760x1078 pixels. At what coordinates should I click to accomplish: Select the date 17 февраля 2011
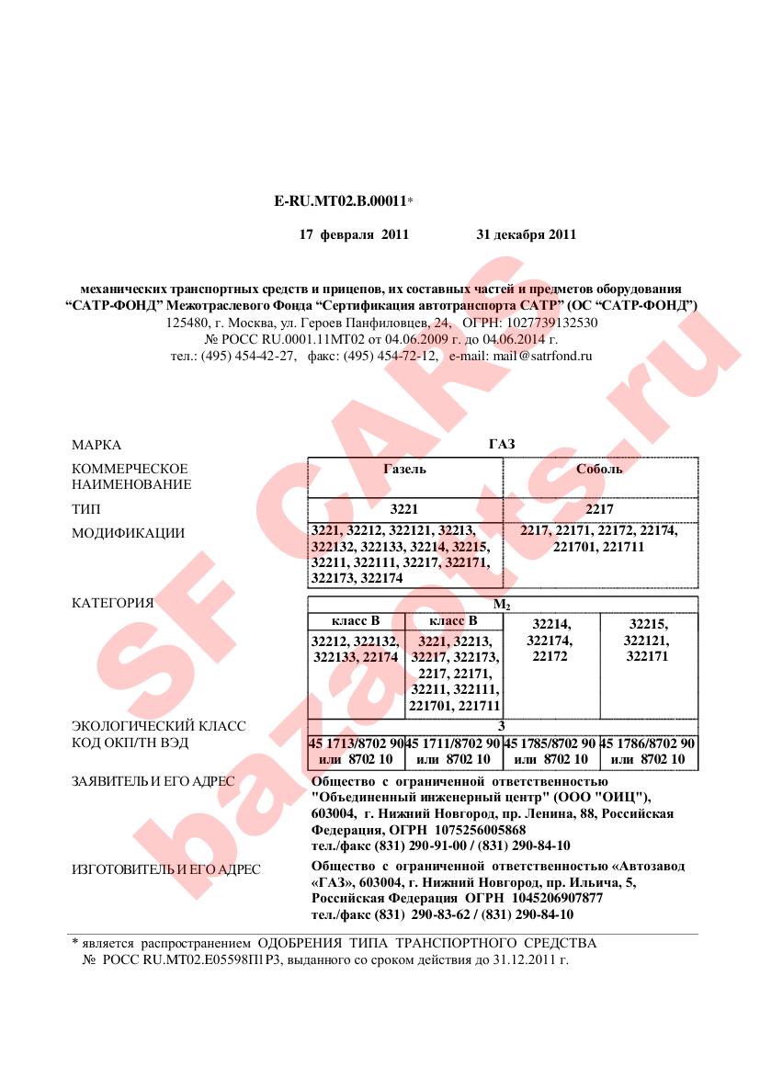pyautogui.click(x=354, y=234)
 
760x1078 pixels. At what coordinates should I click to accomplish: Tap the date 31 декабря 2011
pyautogui.click(x=526, y=234)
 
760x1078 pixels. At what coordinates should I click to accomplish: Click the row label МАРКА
pyautogui.click(x=96, y=445)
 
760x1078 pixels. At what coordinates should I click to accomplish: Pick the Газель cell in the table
pyautogui.click(x=404, y=469)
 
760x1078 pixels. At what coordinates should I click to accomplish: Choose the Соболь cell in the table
pyautogui.click(x=599, y=469)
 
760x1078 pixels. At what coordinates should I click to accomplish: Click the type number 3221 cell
pyautogui.click(x=404, y=508)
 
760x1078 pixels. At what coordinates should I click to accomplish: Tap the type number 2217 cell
pyautogui.click(x=599, y=508)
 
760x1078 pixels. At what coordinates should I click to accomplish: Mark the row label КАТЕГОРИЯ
pyautogui.click(x=112, y=604)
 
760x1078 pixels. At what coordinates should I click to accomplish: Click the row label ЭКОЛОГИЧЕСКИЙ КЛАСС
pyautogui.click(x=159, y=726)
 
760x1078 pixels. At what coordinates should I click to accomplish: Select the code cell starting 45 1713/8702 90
pyautogui.click(x=356, y=751)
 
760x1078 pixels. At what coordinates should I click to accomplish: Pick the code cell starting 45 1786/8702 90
pyautogui.click(x=648, y=751)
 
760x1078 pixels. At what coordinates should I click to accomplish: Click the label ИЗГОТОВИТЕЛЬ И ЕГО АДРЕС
pyautogui.click(x=165, y=869)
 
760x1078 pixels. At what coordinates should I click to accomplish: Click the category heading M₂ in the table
pyautogui.click(x=502, y=605)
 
